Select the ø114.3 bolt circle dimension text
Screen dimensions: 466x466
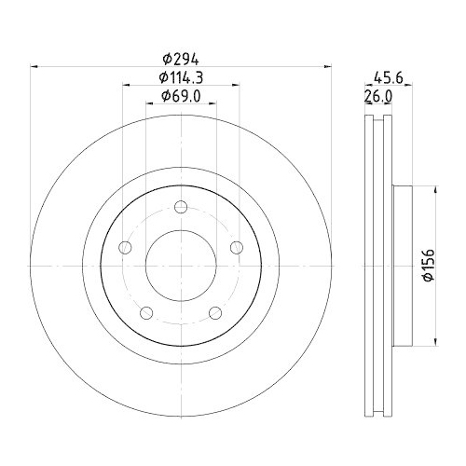tap(182, 76)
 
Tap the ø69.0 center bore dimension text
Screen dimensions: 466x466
tap(182, 96)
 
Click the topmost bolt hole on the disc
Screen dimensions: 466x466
tap(182, 207)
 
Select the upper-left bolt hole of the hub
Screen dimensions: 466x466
tap(127, 247)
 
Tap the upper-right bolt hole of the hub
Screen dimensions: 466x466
tap(237, 246)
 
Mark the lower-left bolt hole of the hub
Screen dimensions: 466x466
tap(147, 311)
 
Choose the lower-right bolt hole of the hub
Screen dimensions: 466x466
tap(215, 311)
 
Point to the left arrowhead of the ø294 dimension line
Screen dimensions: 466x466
tap(35, 65)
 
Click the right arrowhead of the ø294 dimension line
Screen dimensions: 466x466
tap(328, 65)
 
